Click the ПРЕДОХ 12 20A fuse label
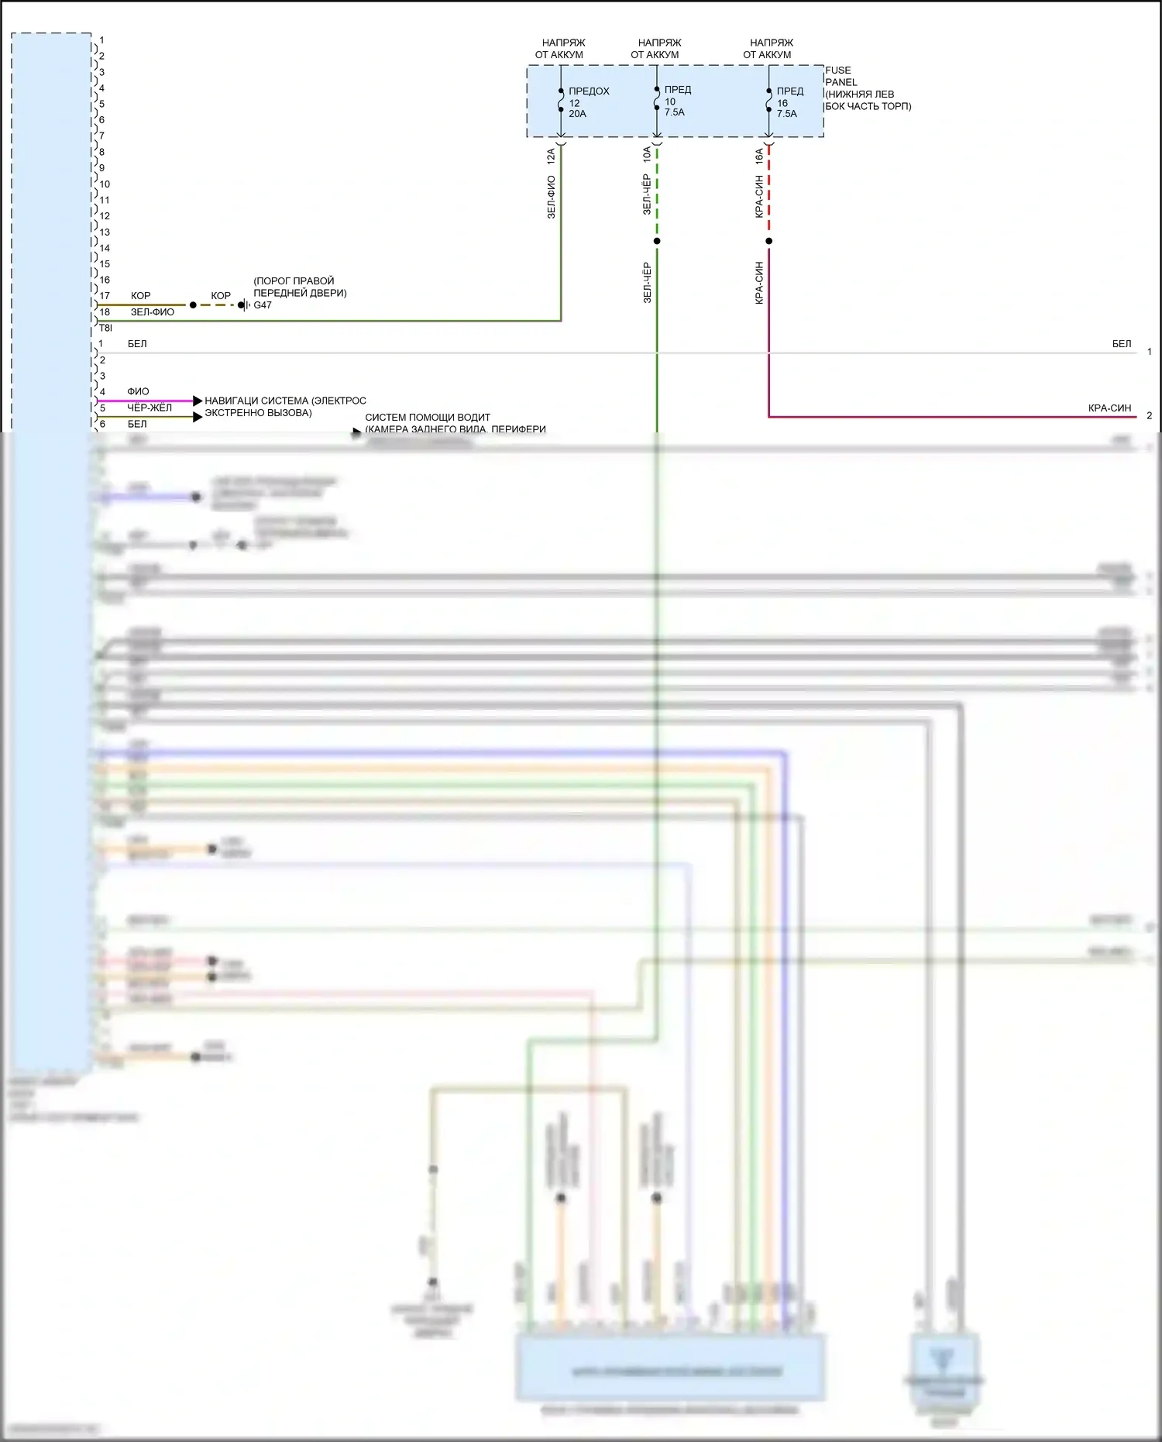click(x=588, y=102)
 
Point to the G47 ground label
click(x=263, y=305)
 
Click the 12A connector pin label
click(x=552, y=157)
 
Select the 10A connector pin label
click(x=647, y=155)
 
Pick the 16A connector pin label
click(x=759, y=157)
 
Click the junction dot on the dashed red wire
click(x=768, y=241)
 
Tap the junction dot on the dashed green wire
click(x=657, y=241)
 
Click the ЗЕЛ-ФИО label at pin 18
click(x=152, y=312)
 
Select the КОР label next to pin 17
click(x=140, y=296)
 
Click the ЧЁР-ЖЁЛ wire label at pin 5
click(x=150, y=408)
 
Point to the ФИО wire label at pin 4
click(x=138, y=392)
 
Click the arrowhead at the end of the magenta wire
click(x=198, y=401)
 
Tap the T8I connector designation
click(x=105, y=329)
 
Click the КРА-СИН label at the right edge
click(x=1109, y=408)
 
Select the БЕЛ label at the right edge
click(x=1121, y=344)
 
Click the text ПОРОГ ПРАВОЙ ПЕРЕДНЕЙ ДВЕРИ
click(x=300, y=287)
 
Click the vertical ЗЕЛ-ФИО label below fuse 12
click(x=552, y=197)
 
